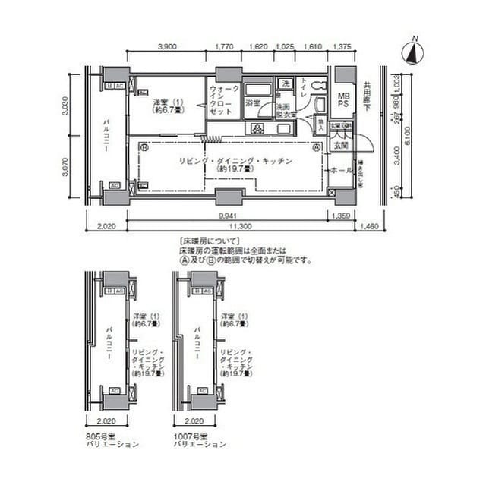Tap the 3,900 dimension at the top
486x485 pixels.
pos(167,46)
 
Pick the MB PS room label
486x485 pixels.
pos(343,101)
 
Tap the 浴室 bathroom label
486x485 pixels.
pos(253,102)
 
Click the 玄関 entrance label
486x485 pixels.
pos(340,144)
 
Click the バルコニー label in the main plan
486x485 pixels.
pos(109,137)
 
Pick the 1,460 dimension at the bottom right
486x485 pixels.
pos(371,226)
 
